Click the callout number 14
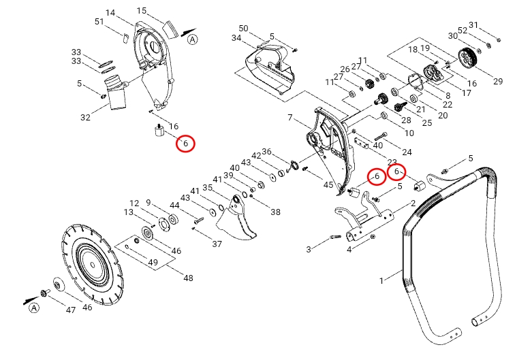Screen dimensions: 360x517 click(x=111, y=13)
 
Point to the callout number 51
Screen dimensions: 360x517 click(x=99, y=22)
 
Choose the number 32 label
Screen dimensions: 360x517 click(x=85, y=118)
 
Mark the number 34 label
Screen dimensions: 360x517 click(x=236, y=38)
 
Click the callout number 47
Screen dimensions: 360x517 click(x=70, y=310)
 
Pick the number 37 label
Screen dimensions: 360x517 click(x=217, y=244)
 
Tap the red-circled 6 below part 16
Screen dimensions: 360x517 click(x=185, y=144)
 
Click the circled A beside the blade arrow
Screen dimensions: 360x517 click(x=33, y=309)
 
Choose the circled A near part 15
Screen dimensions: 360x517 click(x=193, y=39)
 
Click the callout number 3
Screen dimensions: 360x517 click(x=308, y=250)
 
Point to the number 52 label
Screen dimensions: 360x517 click(x=463, y=30)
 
